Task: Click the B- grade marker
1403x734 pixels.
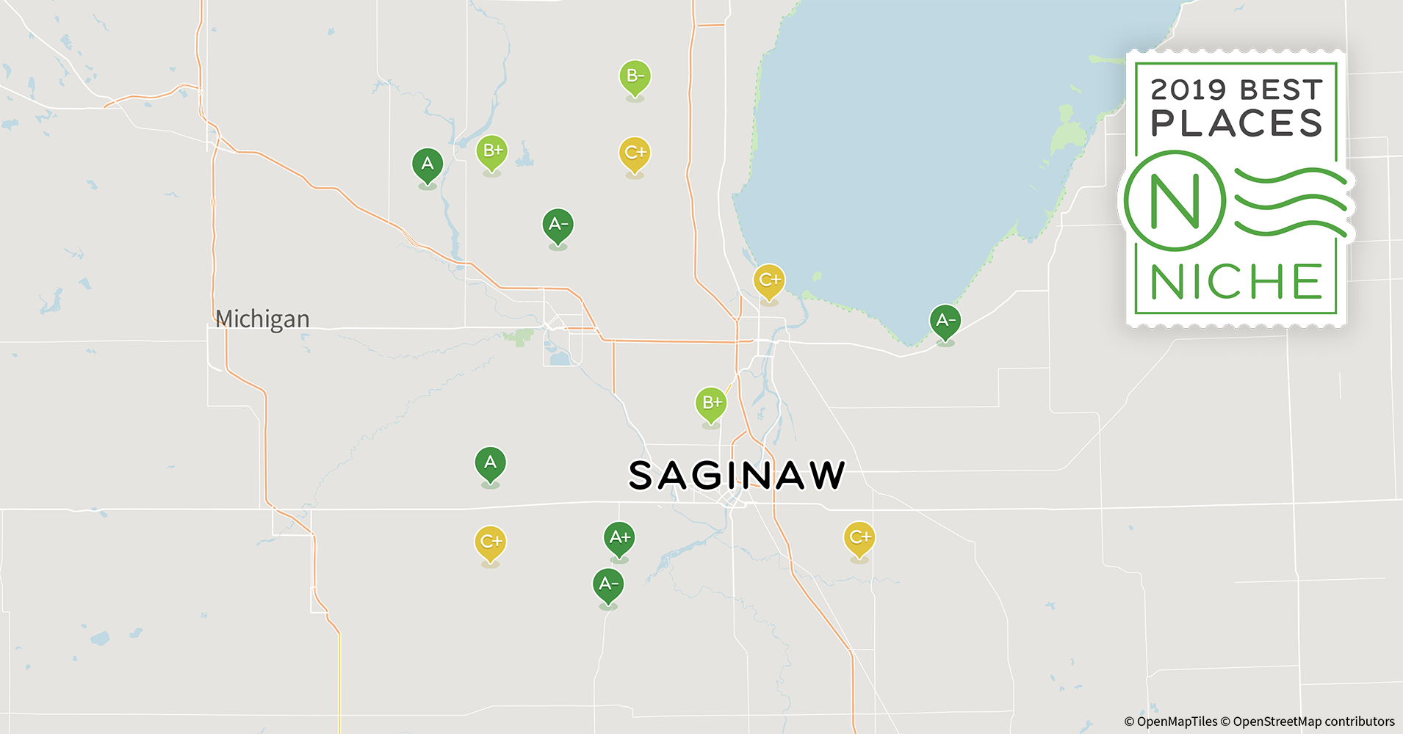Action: [x=635, y=77]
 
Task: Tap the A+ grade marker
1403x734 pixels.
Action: [x=619, y=538]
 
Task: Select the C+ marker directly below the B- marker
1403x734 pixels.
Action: [x=635, y=153]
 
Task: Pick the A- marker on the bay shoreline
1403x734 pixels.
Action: [x=945, y=321]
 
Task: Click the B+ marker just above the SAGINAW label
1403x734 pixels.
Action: [x=711, y=403]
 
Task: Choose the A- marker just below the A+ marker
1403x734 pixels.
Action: [x=608, y=585]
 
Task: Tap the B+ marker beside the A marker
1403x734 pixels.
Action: [x=492, y=152]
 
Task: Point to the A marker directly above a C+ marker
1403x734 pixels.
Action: [x=490, y=463]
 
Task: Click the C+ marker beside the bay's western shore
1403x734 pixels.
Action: [x=769, y=280]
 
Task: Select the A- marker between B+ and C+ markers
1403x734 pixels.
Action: [x=558, y=225]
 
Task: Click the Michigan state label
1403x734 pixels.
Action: [x=262, y=319]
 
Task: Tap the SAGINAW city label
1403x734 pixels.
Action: [x=737, y=476]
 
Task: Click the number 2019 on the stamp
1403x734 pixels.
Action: [x=1188, y=90]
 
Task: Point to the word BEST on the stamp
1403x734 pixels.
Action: [x=1281, y=90]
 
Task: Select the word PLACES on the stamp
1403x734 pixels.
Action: [x=1236, y=123]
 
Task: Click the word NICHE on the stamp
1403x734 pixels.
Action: [x=1236, y=282]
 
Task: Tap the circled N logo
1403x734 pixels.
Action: [x=1175, y=200]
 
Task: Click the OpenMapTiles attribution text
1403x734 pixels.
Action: [x=1170, y=722]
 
